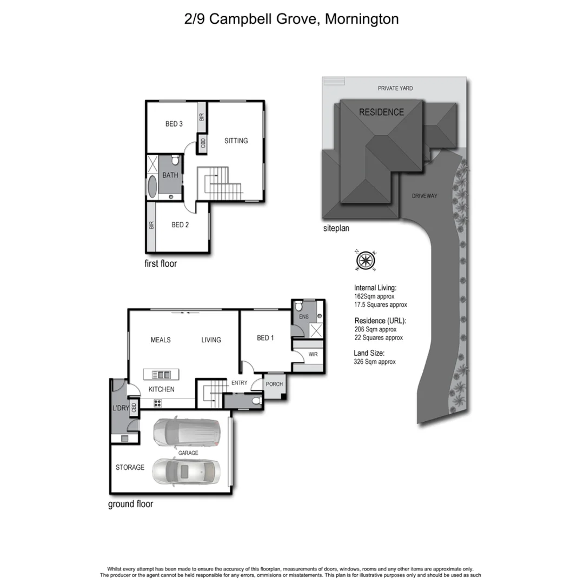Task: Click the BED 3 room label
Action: coord(174,124)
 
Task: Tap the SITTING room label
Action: coord(236,141)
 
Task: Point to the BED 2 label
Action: coord(180,225)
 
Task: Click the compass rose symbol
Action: coord(366,260)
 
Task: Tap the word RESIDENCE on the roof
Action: coord(381,112)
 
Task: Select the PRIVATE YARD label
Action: coord(395,88)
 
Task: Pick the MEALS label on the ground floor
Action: coord(161,340)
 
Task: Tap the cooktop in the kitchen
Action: coord(158,402)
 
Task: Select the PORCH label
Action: coord(274,384)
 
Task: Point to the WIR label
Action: coord(313,355)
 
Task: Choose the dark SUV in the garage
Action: coord(186,433)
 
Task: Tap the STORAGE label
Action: coord(130,467)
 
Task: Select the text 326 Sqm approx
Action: coord(374,361)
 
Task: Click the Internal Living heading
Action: coord(375,288)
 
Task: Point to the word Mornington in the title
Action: coord(362,19)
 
